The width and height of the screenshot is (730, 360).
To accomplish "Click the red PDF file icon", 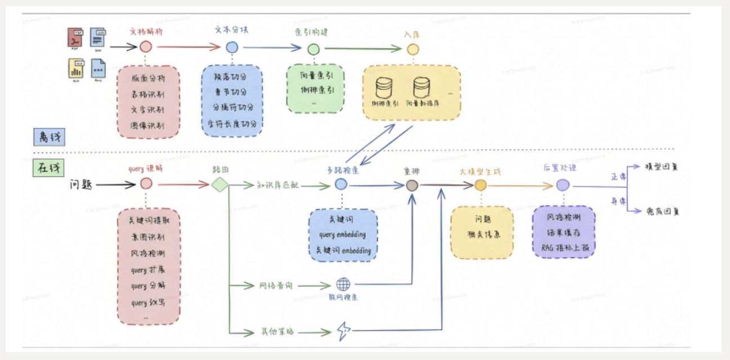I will point(75,38).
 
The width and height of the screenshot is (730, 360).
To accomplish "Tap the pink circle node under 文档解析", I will point(146,47).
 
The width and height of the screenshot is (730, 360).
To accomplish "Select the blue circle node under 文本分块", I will point(232,47).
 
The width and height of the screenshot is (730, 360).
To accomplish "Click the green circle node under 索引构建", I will point(313,49).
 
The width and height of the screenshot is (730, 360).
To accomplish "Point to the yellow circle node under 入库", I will point(413,49).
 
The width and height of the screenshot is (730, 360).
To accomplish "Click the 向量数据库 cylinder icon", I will point(422,87).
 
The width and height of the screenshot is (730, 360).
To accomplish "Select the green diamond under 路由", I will point(220,185).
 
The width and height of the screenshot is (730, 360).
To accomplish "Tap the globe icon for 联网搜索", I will point(343,284).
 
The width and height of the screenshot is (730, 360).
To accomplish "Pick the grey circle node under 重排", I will point(412,185).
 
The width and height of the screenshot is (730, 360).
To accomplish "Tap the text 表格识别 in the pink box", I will point(148,94).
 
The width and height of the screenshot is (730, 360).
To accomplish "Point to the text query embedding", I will point(342,235).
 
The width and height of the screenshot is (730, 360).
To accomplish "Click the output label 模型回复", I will point(662,167).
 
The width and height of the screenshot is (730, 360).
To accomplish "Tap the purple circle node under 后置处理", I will point(563,185).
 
